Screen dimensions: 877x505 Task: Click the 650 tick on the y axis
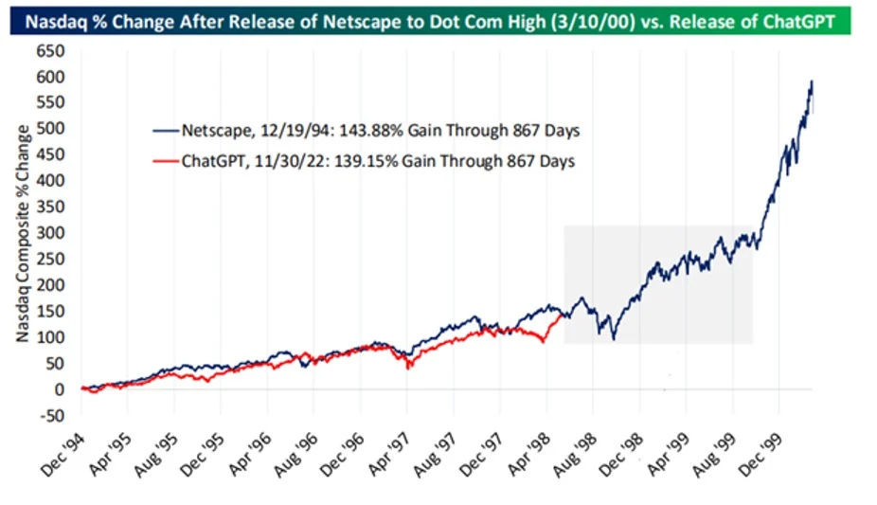tap(50, 51)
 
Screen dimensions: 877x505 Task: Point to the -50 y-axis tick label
tap(51, 416)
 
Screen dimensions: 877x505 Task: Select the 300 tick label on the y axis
tap(50, 233)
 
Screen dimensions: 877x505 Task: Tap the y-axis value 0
tap(60, 389)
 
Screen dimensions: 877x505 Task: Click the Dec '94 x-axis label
tap(63, 456)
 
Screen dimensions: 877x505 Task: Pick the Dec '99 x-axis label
tap(761, 456)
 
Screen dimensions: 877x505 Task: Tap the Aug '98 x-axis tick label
tap(575, 456)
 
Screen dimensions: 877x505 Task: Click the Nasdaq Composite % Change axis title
tap(23, 233)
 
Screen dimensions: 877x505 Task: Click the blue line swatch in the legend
tap(166, 131)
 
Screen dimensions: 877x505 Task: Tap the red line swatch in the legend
tap(166, 162)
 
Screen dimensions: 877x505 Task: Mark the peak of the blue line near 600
tap(812, 81)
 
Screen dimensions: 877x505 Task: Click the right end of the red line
tap(562, 316)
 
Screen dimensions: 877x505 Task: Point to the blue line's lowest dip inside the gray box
tap(614, 339)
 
